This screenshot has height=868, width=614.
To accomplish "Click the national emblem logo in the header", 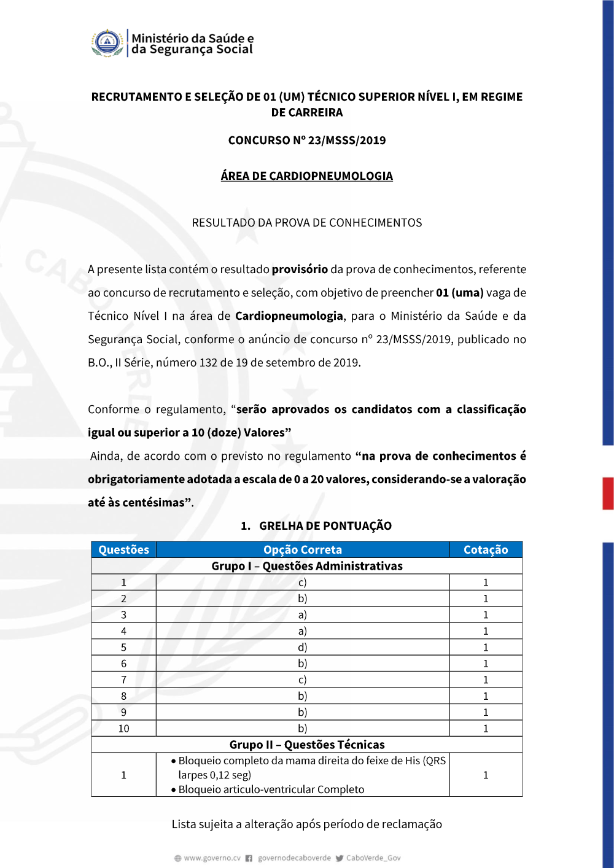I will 107,43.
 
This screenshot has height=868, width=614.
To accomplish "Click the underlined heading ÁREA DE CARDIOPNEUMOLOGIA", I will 307,176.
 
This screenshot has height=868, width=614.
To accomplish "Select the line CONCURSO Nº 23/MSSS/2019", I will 307,141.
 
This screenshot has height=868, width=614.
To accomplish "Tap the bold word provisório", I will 300,269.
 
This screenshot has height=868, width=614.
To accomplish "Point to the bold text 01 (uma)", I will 460,293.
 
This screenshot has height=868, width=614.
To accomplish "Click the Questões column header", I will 124,550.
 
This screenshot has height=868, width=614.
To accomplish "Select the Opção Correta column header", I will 303,550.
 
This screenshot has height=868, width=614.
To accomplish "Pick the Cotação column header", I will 486,550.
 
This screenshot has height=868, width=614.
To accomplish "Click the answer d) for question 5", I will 303,648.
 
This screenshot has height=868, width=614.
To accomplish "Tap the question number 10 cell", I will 124,729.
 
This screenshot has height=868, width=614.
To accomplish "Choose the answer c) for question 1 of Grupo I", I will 303,583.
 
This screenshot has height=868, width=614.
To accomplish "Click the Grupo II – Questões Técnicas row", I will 307,745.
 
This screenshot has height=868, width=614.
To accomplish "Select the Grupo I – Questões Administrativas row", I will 307,566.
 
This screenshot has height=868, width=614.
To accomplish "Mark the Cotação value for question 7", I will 486,680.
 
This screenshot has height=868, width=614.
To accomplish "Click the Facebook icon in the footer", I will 249,858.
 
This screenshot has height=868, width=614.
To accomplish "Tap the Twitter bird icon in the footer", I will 340,858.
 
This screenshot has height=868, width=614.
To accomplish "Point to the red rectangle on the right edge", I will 608,494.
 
